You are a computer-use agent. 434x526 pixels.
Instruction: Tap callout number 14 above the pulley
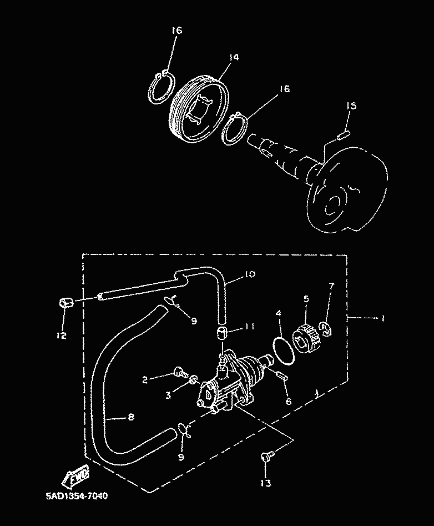233,57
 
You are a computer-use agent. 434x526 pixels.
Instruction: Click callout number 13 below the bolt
266,483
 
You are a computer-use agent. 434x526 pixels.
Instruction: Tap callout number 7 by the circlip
331,286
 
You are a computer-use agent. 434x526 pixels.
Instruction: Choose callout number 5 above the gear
305,299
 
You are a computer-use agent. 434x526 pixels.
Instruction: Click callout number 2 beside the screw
145,380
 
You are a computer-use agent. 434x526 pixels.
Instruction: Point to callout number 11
249,327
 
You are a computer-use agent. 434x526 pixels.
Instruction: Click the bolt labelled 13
266,457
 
